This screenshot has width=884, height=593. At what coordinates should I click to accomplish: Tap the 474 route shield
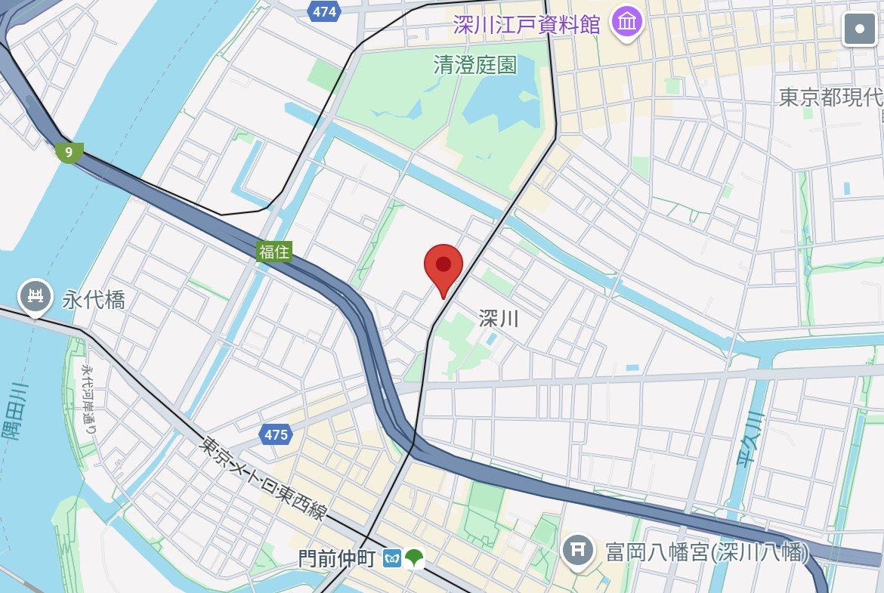point(324,11)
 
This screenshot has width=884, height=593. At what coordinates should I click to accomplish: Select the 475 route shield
point(277,434)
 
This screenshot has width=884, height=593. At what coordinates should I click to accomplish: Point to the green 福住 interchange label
point(274,252)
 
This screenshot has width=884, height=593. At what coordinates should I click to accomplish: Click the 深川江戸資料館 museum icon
point(627,23)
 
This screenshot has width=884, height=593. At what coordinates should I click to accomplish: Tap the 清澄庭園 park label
point(475,66)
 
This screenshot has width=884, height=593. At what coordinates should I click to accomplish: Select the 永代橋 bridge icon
point(35,297)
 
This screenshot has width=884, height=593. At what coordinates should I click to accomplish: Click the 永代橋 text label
point(94,301)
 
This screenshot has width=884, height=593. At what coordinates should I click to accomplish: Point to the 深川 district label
point(499,319)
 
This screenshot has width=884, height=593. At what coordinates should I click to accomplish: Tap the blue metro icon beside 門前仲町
point(392,559)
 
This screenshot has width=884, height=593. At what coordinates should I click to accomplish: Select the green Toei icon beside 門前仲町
point(414,559)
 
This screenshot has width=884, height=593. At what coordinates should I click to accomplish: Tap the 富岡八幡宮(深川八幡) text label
point(706,552)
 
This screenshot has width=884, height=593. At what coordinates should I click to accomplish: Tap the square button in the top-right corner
point(860,29)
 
